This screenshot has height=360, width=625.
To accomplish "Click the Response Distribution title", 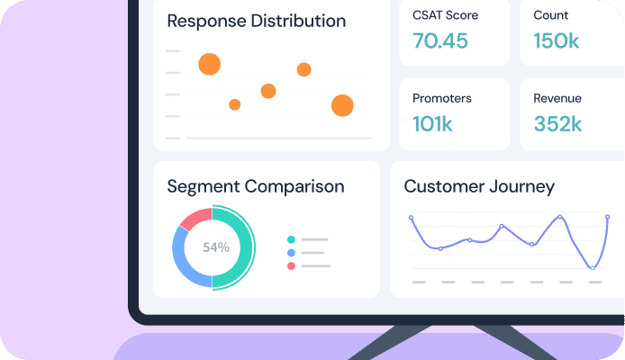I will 256,21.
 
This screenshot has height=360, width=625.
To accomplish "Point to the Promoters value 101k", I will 432,124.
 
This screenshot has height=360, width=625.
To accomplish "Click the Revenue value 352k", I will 557,124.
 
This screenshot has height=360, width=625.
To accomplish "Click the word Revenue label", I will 557,98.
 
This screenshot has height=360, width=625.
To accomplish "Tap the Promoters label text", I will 441,98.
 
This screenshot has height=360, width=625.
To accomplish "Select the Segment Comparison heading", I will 256,187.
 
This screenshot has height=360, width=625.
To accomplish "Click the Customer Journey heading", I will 479,187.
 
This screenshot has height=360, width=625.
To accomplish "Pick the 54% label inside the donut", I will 215,247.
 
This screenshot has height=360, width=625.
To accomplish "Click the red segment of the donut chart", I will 195,218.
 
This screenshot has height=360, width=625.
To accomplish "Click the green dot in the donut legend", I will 291,239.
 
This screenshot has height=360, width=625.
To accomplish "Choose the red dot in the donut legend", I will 291,266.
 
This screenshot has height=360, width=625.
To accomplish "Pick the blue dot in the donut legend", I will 291,253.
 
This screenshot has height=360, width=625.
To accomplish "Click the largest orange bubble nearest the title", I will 209,64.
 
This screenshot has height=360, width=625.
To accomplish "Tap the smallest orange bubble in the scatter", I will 235,104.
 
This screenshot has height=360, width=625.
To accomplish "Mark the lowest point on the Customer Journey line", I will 592,267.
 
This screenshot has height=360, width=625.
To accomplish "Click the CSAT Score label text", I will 445,15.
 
